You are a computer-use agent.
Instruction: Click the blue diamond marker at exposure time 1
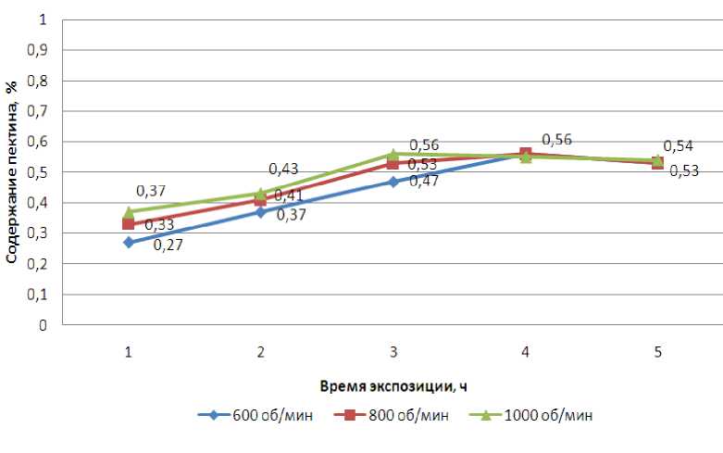(129, 243)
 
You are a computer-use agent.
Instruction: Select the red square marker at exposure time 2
(261, 200)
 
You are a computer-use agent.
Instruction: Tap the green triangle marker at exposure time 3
(393, 155)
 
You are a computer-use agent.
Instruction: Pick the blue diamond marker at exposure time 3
(393, 182)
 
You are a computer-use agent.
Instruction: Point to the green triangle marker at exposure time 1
(129, 212)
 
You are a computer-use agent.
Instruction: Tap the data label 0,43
(282, 170)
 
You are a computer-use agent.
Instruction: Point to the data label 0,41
(289, 195)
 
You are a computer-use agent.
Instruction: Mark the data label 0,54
(679, 145)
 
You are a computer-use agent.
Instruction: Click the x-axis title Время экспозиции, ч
(393, 384)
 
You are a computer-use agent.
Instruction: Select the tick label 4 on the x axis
(525, 352)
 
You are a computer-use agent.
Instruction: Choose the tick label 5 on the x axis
(657, 352)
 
